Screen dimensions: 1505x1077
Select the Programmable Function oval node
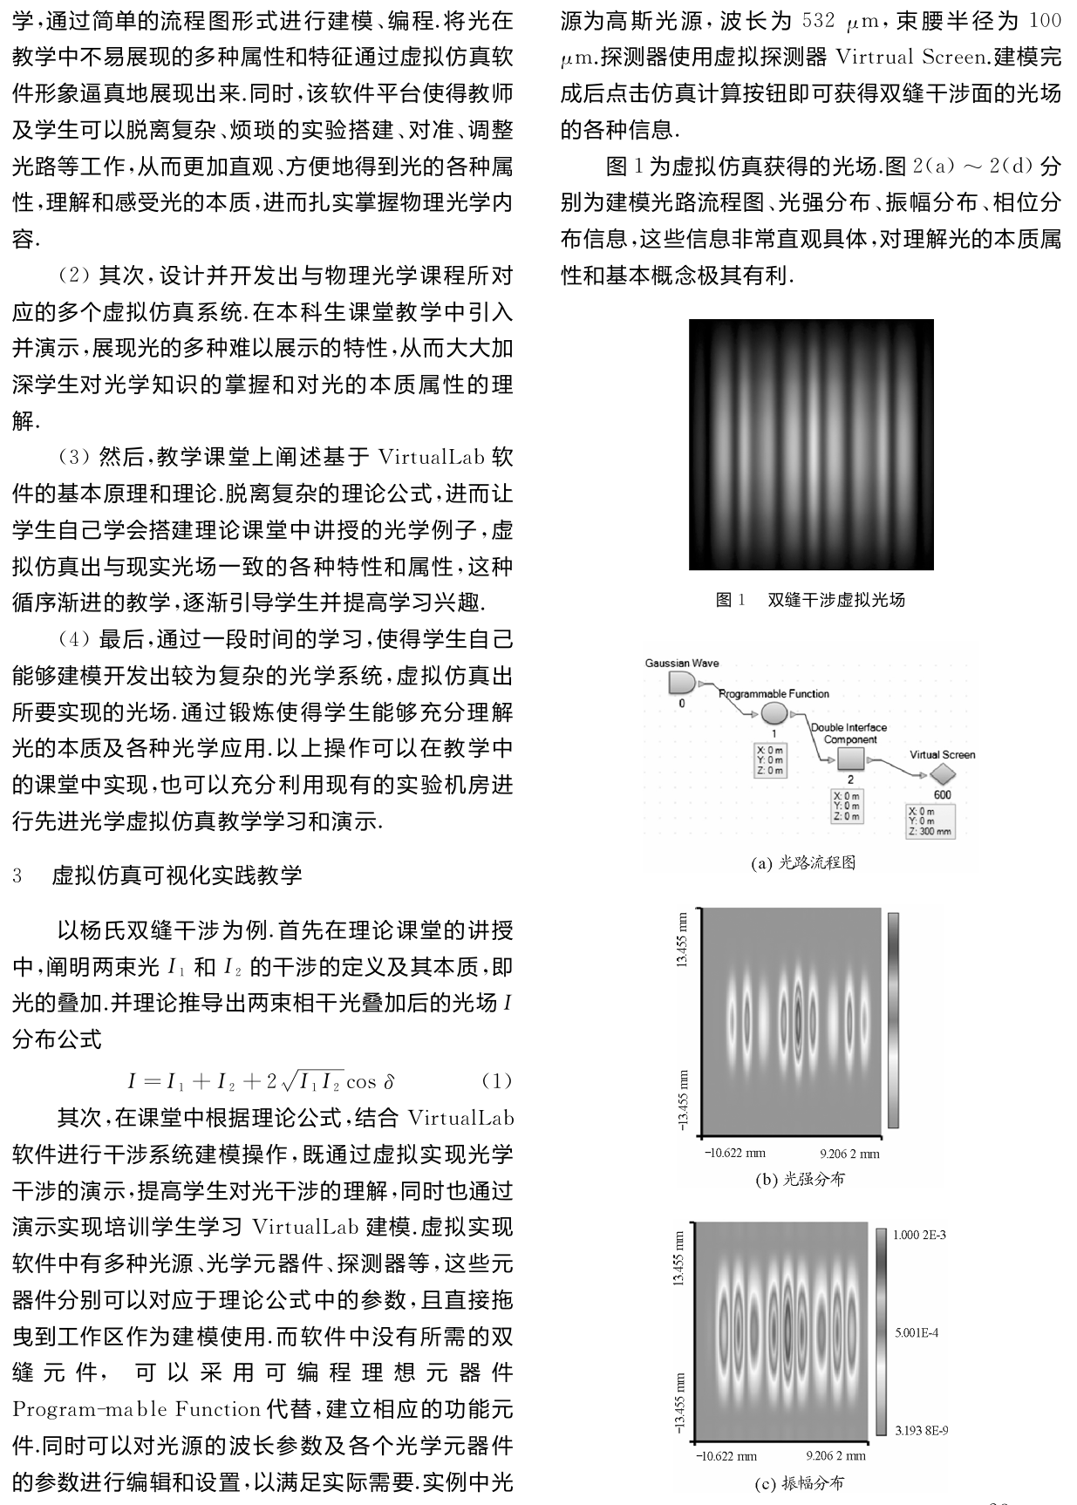[x=774, y=714]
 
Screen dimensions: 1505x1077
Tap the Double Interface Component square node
[x=850, y=759]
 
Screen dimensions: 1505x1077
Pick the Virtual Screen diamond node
[x=942, y=773]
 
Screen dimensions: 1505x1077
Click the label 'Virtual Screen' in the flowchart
[x=942, y=754]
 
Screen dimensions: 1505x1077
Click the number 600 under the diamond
[x=942, y=794]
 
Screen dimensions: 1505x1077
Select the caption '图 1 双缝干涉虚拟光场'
[x=810, y=600]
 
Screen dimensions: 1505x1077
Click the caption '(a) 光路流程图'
[x=803, y=862]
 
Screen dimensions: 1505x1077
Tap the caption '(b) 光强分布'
[x=799, y=1179]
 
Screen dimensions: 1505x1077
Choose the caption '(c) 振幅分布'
[x=799, y=1482]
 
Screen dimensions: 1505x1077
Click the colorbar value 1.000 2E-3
[x=918, y=1235]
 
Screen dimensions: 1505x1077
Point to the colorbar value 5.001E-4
[x=916, y=1332]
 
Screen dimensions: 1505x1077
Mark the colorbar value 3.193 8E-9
[x=918, y=1430]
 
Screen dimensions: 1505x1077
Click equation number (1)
[x=496, y=1081]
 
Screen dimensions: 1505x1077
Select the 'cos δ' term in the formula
[x=370, y=1082]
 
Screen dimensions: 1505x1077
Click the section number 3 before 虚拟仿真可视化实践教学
[x=17, y=875]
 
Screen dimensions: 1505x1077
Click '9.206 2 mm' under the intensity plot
[x=849, y=1154]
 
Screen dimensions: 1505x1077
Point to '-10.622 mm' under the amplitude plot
[x=726, y=1455]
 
